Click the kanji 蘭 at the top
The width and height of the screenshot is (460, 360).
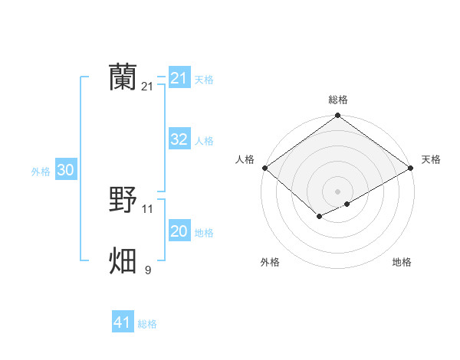123,77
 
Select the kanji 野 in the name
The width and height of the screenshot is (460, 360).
123,200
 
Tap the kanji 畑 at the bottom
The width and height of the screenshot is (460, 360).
123,260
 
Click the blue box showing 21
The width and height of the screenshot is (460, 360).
179,78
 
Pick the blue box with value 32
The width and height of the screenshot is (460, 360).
179,139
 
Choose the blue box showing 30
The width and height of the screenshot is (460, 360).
65,170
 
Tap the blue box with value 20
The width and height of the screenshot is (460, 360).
179,231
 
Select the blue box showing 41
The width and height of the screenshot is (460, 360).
123,322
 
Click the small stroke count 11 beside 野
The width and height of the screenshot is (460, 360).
148,208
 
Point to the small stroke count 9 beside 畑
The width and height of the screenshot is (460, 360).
148,269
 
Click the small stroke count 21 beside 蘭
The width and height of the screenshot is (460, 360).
147,87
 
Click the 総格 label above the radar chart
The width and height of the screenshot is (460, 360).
338,100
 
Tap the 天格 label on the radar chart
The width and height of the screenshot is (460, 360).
431,159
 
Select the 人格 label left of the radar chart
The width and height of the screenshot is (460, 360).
245,159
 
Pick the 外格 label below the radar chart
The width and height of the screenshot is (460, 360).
269,262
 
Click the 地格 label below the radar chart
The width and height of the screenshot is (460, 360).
402,262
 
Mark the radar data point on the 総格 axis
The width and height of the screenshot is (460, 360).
338,116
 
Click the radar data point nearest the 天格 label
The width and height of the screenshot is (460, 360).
412,168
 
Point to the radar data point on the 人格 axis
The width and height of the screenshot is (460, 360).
264,168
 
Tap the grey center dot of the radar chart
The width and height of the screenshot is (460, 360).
338,191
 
